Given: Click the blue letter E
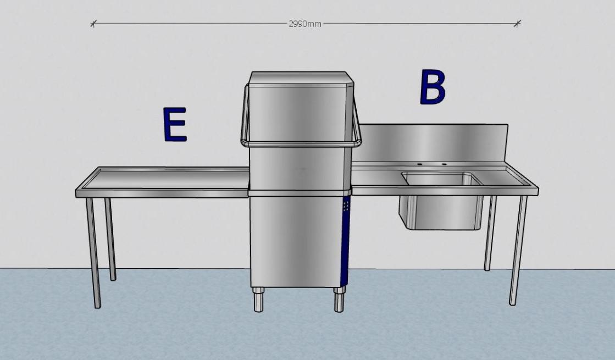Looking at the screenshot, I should [175, 124].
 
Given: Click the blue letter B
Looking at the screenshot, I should [432, 87].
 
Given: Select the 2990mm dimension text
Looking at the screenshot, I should [305, 24].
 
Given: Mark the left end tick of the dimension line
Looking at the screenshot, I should [93, 24].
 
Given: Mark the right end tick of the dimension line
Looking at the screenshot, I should [517, 23].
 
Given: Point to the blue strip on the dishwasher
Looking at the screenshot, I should [346, 242].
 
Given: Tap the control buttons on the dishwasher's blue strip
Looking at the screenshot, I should [346, 206].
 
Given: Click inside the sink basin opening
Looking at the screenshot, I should [440, 179].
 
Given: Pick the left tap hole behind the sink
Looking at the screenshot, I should [419, 164].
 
